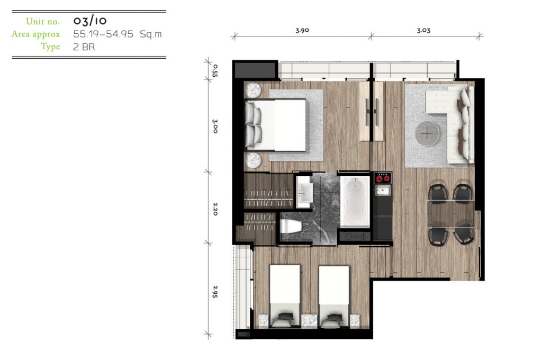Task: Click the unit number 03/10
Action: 90,21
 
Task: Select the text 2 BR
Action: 84,47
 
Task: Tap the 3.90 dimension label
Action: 302,30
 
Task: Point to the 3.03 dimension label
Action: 423,30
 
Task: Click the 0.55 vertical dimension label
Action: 215,70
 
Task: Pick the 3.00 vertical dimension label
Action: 215,126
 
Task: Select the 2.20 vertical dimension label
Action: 215,209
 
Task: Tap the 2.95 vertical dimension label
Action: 215,292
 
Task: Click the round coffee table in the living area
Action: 428,133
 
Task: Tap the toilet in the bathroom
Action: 291,227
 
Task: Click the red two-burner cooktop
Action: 383,178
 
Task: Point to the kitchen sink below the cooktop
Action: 383,190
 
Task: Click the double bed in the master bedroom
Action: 275,125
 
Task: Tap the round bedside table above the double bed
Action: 254,90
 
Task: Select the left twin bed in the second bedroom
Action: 284,296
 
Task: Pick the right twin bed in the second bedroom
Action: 334,296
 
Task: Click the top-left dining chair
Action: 438,193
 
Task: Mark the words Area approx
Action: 36,34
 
